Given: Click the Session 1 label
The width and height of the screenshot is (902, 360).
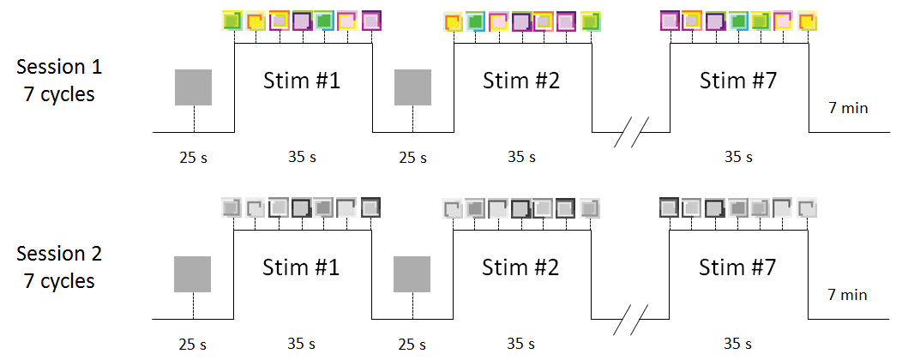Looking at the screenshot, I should click(x=59, y=67).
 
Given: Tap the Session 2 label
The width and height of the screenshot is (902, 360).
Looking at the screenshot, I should click(x=59, y=254).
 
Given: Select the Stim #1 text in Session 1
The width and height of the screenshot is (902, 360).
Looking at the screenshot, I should click(x=299, y=82).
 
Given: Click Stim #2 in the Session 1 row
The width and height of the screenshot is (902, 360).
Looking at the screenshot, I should click(x=521, y=82).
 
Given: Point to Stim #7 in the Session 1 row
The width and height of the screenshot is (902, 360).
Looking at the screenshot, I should click(x=738, y=82).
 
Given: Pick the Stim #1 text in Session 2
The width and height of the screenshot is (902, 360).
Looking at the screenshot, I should click(x=299, y=268).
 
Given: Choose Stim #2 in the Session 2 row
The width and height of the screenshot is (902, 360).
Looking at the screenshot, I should click(x=521, y=268).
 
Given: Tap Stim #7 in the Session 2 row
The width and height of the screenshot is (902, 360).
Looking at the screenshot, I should click(x=738, y=268).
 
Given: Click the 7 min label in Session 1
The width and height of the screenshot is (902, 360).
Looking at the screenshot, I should click(x=848, y=108).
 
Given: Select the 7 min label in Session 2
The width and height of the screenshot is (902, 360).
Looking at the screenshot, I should click(x=848, y=295).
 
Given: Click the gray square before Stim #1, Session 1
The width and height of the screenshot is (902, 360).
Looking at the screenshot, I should click(x=193, y=87).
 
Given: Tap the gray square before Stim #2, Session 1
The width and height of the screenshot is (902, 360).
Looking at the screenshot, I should click(x=412, y=87).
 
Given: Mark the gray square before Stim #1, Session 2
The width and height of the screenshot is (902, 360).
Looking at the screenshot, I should click(x=193, y=274).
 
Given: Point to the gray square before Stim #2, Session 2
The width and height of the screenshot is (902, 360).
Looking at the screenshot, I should click(x=412, y=274).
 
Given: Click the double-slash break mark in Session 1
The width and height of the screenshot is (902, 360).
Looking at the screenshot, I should click(x=632, y=133).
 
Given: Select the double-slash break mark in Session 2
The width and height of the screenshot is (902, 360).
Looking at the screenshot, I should click(x=632, y=319).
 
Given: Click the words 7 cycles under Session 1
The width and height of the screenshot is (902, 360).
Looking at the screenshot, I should click(x=59, y=93).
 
